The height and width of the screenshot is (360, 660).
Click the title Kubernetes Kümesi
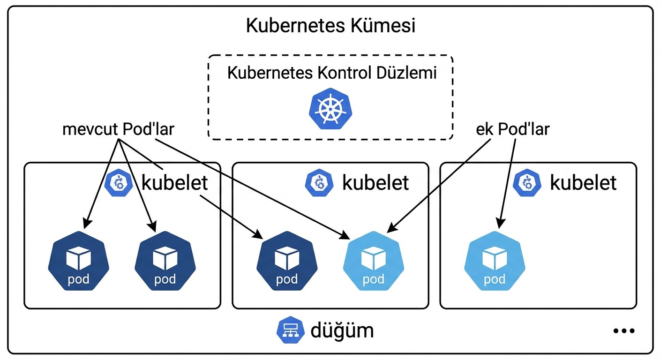[330, 26]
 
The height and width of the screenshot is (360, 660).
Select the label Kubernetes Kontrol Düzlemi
[332, 73]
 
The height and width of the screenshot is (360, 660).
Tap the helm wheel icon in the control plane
[330, 108]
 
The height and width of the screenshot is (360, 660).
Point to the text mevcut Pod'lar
[118, 129]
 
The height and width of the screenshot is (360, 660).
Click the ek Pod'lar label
[512, 129]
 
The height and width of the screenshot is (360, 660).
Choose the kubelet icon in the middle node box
[319, 183]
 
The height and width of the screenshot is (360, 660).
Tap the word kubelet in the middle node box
[375, 183]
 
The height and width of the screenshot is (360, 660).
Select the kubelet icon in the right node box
[527, 183]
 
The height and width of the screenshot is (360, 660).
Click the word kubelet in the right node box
[583, 183]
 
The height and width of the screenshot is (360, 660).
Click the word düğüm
[342, 330]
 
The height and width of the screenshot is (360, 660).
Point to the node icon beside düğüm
[291, 330]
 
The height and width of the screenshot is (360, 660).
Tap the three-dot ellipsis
[623, 331]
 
